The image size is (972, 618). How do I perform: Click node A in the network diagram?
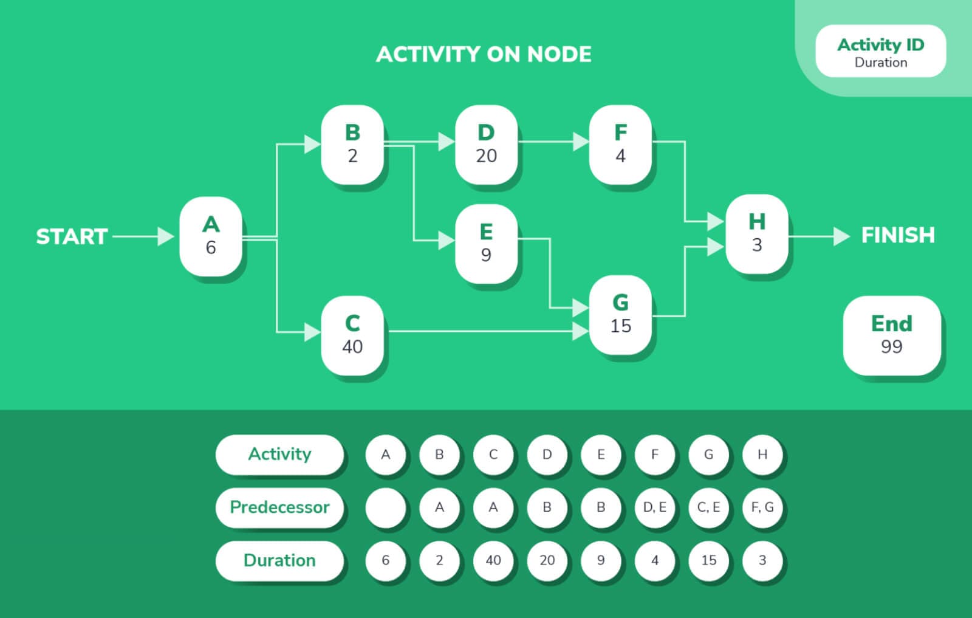point(211,236)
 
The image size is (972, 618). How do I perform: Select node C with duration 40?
point(352,335)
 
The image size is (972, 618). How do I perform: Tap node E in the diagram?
point(487,244)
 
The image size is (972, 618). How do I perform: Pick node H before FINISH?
point(757,234)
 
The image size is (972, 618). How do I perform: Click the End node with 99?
point(892,335)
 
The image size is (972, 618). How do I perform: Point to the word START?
point(72,237)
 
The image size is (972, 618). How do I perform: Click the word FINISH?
point(898,235)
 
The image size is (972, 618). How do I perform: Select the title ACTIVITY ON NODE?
point(484,55)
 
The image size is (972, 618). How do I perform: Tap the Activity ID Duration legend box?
point(880,51)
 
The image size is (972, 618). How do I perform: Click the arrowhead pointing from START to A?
point(165,236)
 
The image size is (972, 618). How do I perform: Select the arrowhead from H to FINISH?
point(842,236)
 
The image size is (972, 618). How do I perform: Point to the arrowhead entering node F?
point(581,142)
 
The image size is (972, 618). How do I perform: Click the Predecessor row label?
point(279,507)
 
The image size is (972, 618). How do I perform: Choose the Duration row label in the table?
point(279,561)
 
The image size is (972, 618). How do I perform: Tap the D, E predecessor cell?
point(654,507)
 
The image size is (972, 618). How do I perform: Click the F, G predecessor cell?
point(762,507)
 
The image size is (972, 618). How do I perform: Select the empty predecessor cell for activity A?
point(385,507)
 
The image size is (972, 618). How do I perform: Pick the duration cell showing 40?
point(493,561)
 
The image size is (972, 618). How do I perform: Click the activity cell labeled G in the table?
point(708,455)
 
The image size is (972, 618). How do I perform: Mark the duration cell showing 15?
point(708,561)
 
